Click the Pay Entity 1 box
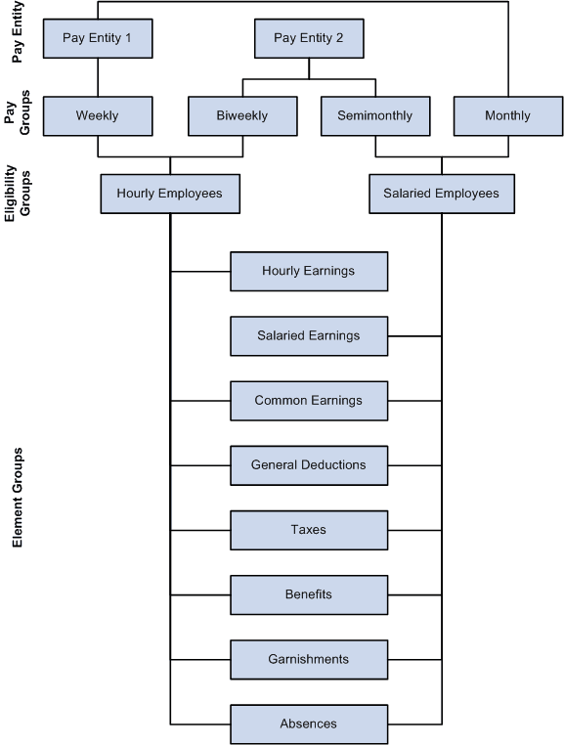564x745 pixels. (98, 38)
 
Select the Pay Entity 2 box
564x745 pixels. (309, 38)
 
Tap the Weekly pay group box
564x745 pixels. (98, 115)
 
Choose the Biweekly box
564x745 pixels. (242, 115)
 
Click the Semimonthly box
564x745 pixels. (375, 115)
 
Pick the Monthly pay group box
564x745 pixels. (507, 115)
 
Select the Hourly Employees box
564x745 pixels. (170, 194)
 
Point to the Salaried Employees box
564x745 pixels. (442, 194)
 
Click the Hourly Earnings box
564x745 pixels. (309, 271)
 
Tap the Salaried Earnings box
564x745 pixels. (309, 335)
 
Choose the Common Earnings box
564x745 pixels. (309, 400)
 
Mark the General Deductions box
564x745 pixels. (309, 464)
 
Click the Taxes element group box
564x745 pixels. (309, 529)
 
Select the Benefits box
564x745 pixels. (309, 593)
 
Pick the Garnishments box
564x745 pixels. (309, 659)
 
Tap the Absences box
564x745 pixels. (309, 723)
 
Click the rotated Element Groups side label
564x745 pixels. (17, 499)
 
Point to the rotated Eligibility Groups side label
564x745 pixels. (17, 197)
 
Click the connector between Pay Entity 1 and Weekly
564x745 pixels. (98, 77)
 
